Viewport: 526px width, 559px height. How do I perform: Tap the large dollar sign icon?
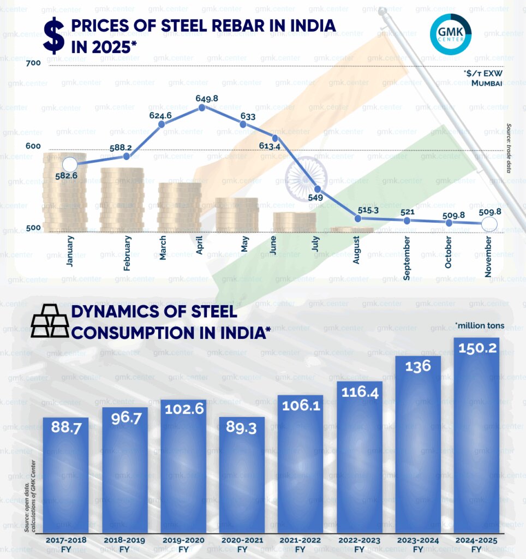click(x=53, y=35)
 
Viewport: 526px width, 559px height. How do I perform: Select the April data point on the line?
click(x=202, y=108)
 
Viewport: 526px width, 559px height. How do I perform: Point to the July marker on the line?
click(x=318, y=189)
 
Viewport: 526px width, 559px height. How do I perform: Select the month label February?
click(x=127, y=253)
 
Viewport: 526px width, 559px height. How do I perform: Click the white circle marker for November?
click(x=490, y=224)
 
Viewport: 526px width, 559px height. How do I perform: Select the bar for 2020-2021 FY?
click(x=242, y=475)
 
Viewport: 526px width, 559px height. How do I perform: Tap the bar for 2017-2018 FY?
click(x=66, y=475)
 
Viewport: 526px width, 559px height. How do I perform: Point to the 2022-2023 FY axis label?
click(x=359, y=544)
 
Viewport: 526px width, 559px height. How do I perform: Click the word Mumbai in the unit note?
click(x=487, y=83)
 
